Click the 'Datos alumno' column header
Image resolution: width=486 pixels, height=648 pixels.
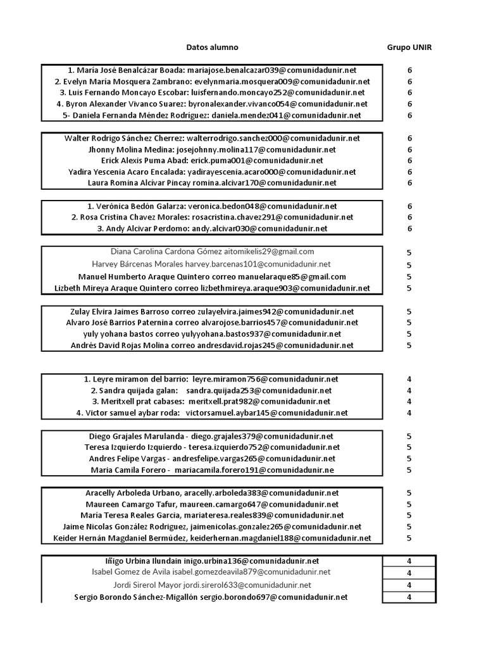[x=212, y=47]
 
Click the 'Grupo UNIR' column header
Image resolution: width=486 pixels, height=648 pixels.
[x=409, y=47]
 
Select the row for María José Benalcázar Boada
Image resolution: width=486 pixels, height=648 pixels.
[x=212, y=70]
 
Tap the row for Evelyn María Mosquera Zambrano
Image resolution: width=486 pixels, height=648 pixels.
[x=212, y=82]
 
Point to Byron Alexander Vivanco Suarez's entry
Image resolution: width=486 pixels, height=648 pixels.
[x=212, y=104]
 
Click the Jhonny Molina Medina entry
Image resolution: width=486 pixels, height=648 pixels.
[x=212, y=150]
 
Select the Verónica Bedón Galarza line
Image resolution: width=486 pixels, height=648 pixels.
[x=212, y=206]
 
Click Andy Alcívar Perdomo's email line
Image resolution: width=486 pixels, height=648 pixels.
[x=212, y=229]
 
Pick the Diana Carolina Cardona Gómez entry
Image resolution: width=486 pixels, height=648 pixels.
[x=212, y=252]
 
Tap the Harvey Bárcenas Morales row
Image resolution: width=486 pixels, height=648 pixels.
[x=212, y=264]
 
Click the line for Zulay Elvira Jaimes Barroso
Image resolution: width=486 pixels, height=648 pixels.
[x=212, y=312]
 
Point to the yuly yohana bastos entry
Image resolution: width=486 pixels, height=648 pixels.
[x=212, y=334]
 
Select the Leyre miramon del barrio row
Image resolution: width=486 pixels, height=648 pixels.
[x=212, y=379]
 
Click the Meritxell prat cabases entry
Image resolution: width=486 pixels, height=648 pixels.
[x=212, y=402]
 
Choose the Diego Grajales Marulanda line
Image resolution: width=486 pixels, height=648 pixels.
[x=212, y=436]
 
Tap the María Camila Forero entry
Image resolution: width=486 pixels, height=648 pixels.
[x=212, y=470]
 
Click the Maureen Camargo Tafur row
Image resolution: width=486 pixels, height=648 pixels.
[x=212, y=504]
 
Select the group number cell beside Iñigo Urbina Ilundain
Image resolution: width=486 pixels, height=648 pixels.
[x=409, y=561]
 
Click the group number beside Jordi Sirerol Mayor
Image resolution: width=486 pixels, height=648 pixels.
[x=409, y=585]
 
